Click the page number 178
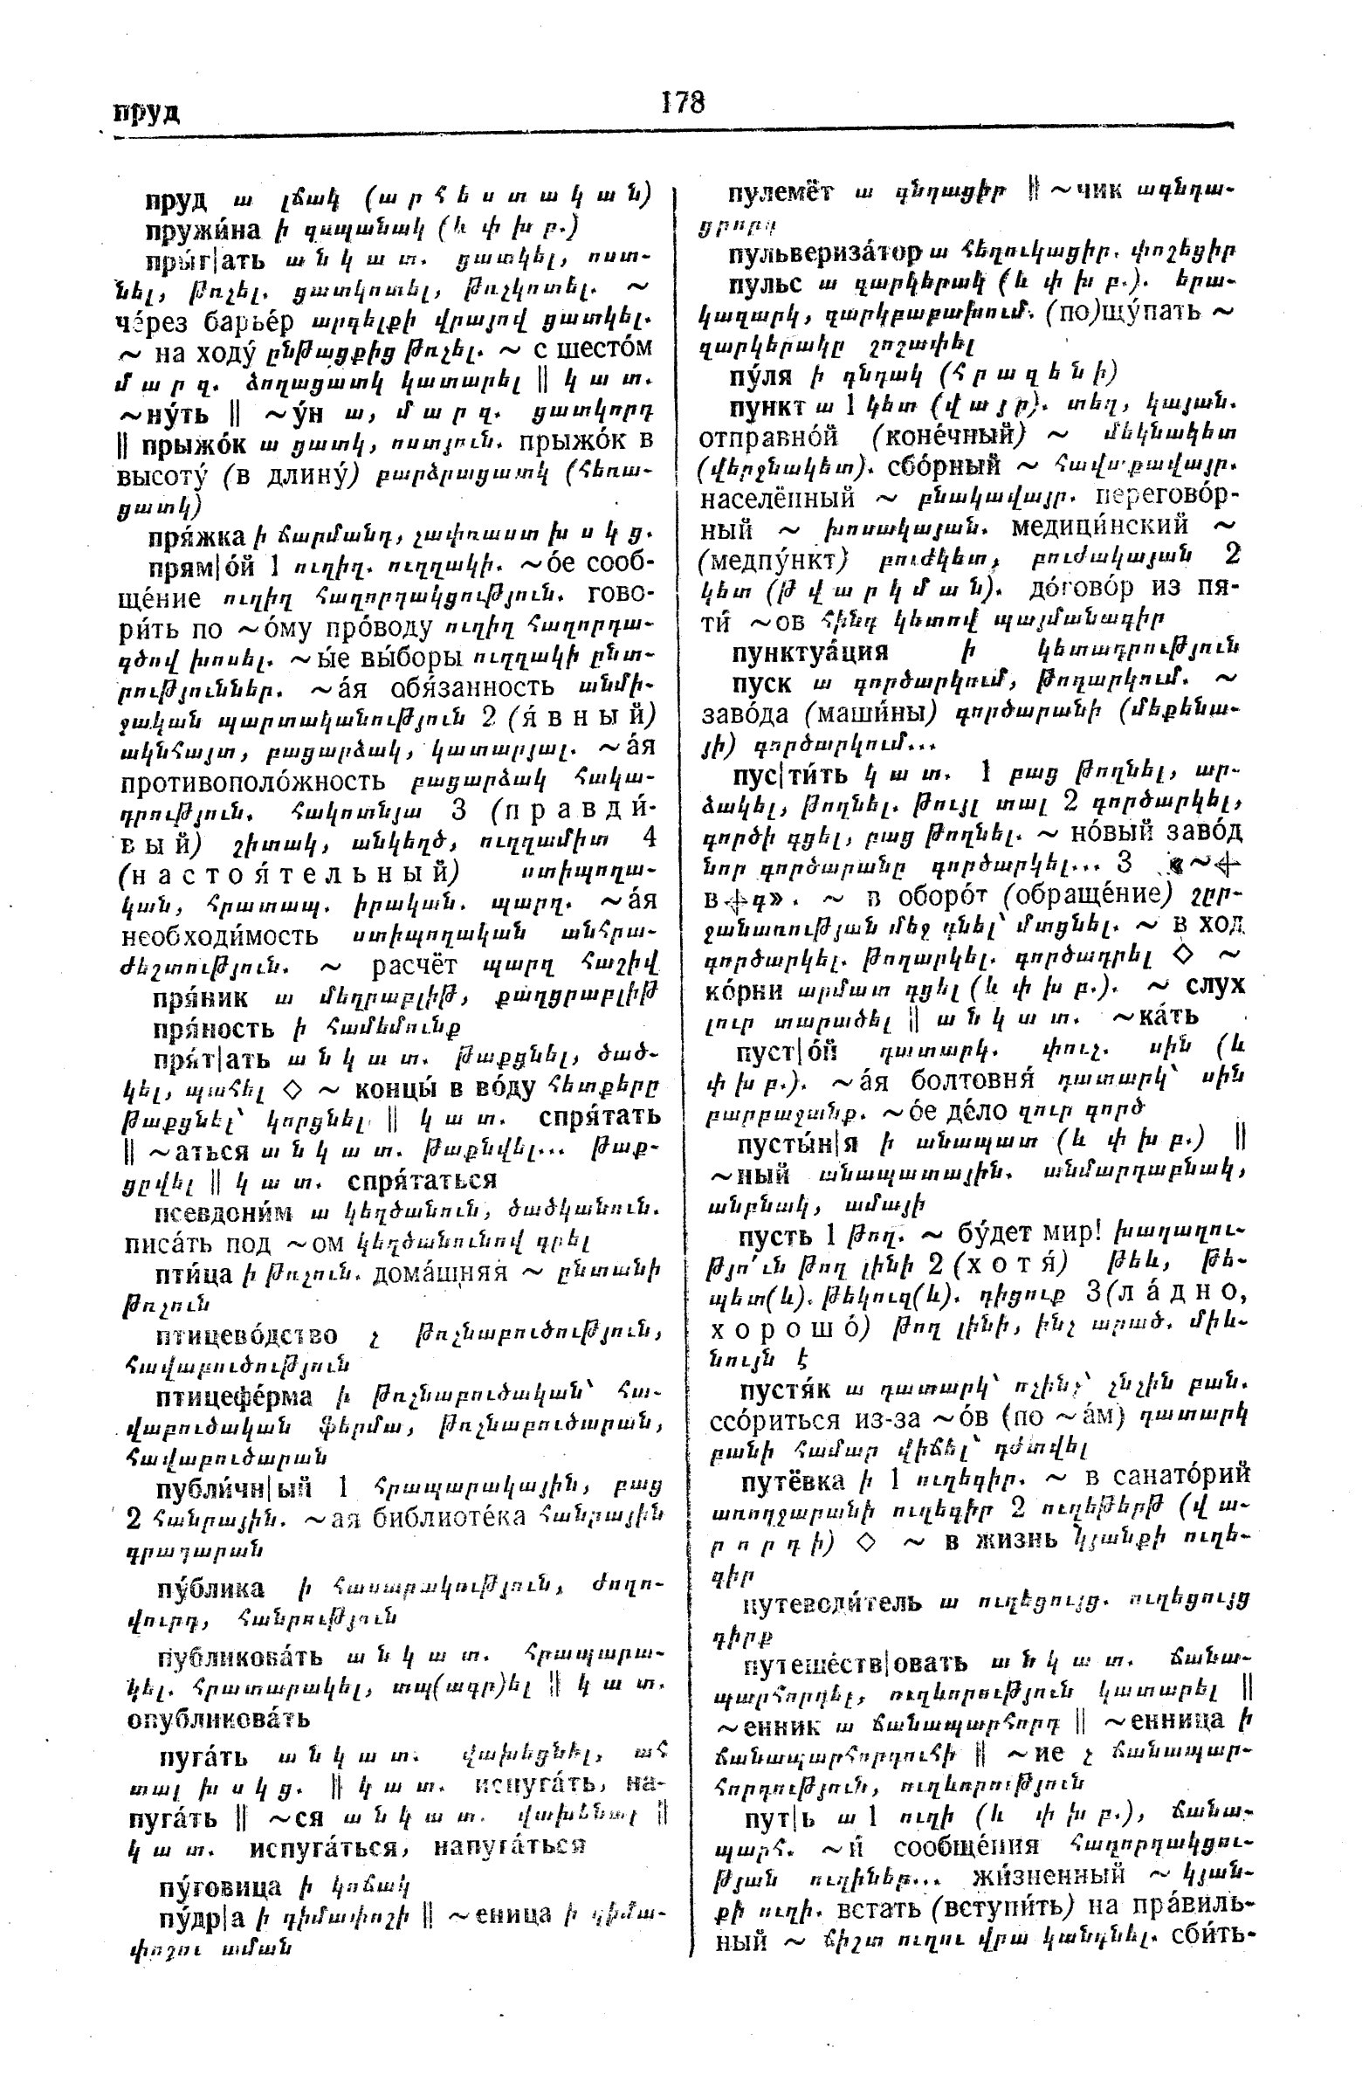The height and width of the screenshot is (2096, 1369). pos(682,103)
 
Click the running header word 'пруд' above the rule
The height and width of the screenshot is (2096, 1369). pos(147,113)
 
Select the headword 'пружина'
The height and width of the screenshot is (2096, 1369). pos(203,231)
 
